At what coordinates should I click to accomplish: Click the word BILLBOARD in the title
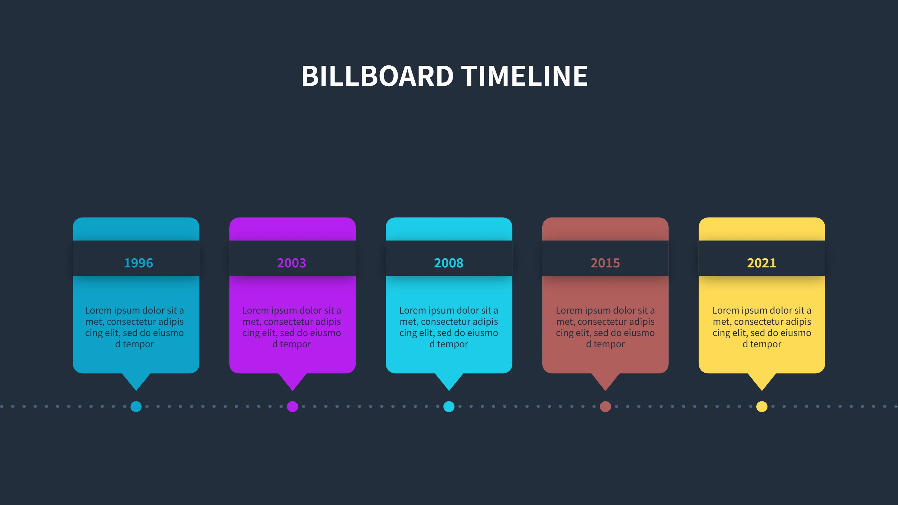coord(377,76)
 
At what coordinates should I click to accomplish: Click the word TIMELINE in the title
coord(525,76)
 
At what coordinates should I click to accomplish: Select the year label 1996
coord(139,263)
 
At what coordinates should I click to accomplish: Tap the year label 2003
coord(292,263)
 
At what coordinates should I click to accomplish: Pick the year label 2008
coord(449,263)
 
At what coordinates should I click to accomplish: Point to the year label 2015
coord(605,263)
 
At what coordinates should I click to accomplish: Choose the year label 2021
coord(762,263)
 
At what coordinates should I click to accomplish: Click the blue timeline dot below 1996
coord(136,406)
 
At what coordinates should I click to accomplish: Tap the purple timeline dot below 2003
coord(292,406)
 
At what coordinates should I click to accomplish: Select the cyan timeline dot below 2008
coord(449,406)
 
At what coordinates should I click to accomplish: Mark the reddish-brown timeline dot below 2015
coord(606,406)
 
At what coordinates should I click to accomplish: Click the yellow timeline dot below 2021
coord(762,406)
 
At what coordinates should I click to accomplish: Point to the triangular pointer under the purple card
coord(292,381)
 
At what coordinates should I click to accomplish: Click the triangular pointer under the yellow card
coord(762,381)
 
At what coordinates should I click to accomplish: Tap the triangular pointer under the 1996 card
coord(136,381)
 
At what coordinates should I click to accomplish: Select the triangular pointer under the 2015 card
coord(606,381)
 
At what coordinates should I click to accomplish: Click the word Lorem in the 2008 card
coord(412,310)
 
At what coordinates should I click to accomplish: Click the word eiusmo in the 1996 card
coord(168,333)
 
